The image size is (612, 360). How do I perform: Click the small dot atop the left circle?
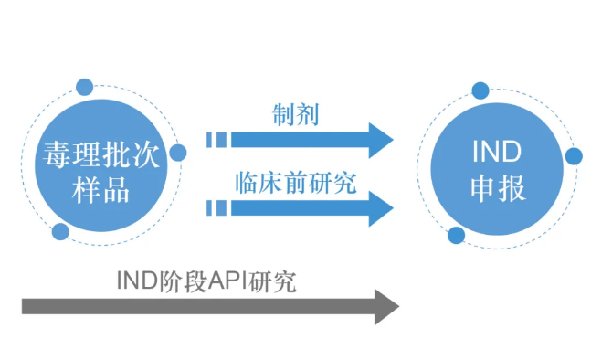[x=84, y=88]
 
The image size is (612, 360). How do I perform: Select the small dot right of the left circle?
[x=178, y=153]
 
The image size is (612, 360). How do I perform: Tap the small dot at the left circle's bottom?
[x=60, y=231]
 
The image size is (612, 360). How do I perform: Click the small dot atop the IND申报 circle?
[x=481, y=90]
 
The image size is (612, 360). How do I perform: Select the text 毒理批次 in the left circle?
[x=100, y=151]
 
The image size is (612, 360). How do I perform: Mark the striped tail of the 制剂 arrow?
[x=216, y=140]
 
